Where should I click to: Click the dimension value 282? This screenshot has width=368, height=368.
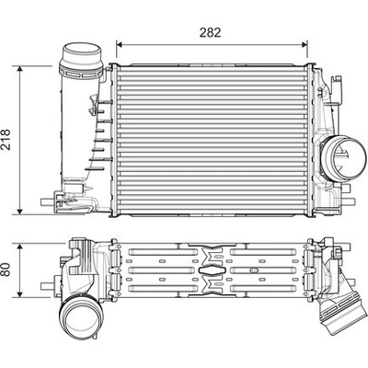tap(210, 32)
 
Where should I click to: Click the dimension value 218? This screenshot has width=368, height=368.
tap(6, 140)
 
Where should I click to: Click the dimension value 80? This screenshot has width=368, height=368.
tap(6, 269)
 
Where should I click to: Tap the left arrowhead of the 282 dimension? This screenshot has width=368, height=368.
tap(120, 45)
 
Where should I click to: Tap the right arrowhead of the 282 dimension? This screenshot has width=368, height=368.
tap(305, 45)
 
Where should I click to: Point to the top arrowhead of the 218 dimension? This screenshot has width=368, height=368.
tap(20, 69)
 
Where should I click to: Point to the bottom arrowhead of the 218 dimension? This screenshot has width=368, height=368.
tap(20, 212)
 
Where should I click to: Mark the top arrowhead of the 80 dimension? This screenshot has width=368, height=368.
tap(20, 247)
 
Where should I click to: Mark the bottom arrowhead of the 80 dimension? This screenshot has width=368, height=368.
tap(20, 294)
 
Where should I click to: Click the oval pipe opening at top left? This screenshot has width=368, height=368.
tap(82, 51)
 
